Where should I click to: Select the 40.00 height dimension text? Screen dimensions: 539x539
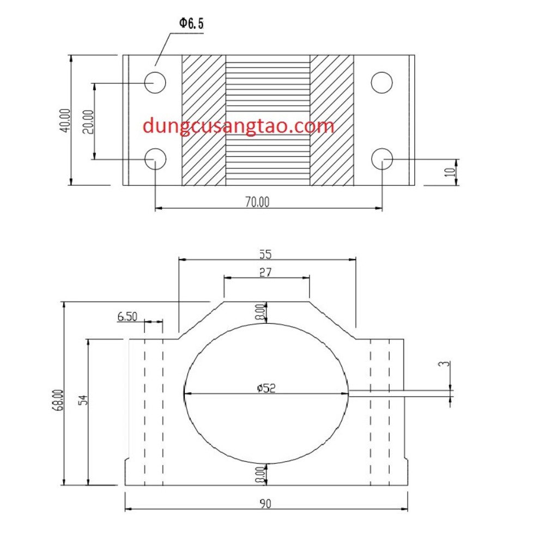click(65, 120)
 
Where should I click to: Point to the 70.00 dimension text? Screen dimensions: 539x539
click(257, 202)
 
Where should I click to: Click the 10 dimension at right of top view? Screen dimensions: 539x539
click(449, 172)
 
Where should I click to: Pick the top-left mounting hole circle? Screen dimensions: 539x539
click(155, 82)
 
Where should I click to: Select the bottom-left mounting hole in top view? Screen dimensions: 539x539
click(155, 159)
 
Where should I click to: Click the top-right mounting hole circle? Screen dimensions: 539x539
click(381, 82)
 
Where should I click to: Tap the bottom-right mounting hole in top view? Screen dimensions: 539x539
click(381, 159)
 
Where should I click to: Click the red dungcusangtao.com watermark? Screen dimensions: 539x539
click(238, 126)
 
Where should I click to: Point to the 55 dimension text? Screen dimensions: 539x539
click(265, 253)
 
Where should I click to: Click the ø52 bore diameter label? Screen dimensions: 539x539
click(266, 388)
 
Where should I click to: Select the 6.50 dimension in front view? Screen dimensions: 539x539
click(126, 316)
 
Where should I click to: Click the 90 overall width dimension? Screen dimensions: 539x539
click(265, 504)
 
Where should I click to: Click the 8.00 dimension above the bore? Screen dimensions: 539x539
click(261, 312)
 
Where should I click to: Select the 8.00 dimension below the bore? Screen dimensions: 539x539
click(261, 474)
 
